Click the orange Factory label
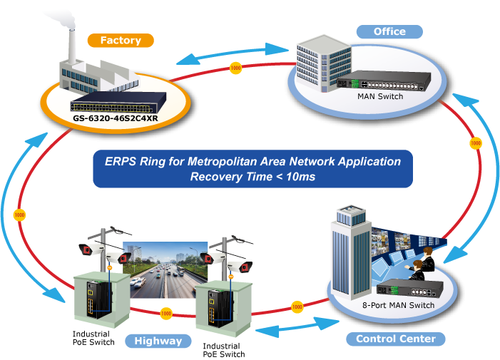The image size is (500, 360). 121,41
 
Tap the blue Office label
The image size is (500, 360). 389,31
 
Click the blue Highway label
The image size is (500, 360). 158,341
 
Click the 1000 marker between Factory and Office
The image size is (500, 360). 236,68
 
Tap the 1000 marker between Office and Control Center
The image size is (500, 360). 475,143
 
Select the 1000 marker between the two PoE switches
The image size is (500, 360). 166,313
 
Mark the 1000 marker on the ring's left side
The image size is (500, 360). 19,215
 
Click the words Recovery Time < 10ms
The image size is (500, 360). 252,176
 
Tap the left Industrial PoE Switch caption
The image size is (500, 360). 91,337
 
